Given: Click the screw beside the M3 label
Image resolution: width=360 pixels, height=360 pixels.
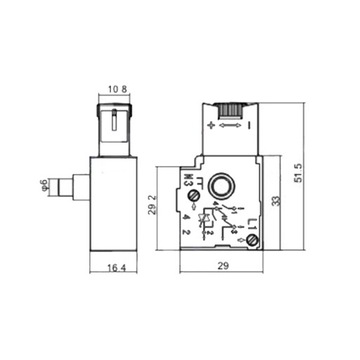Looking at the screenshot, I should click(x=194, y=197).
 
